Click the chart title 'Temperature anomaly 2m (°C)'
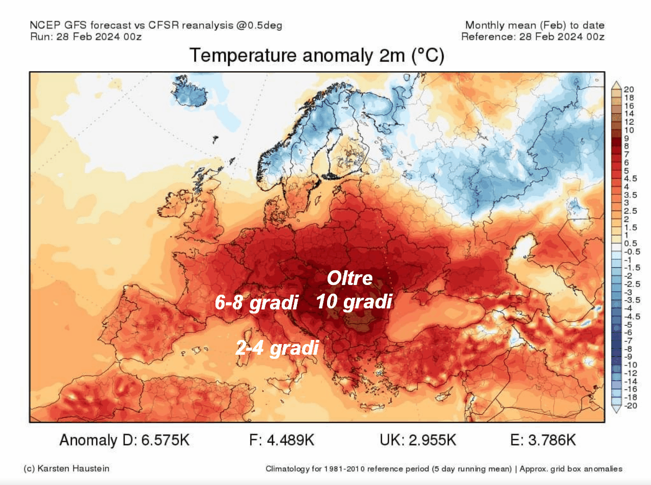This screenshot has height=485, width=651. point(316,55)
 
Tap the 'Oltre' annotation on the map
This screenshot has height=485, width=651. point(350,278)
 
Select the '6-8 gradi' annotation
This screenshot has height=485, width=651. point(256,303)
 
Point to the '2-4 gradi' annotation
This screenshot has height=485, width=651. point(277,348)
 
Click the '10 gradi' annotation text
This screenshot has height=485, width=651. point(354,302)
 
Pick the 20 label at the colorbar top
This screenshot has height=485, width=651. point(629,90)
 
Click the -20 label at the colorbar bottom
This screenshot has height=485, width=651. point(631,406)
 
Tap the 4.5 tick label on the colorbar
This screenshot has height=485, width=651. point(631,179)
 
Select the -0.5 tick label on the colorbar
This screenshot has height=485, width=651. point(632,251)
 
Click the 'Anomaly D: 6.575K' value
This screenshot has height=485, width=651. point(124,440)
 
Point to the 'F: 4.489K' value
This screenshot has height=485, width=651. point(282,440)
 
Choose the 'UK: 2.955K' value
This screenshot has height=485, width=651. point(418,440)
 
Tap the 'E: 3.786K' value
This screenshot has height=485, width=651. point(543,440)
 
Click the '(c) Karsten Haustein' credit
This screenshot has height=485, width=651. point(67,468)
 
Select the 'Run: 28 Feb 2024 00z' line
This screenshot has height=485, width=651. point(86,37)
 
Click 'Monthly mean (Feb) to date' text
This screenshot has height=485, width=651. point(535,25)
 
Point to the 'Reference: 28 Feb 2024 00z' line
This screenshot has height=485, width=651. point(533,37)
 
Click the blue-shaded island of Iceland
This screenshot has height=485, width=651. point(189,92)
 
